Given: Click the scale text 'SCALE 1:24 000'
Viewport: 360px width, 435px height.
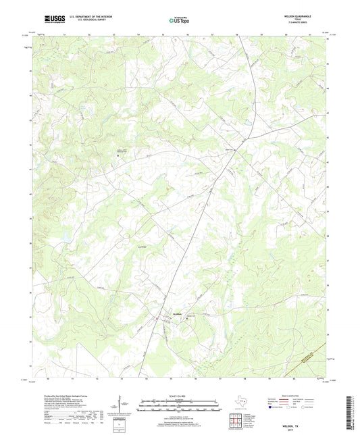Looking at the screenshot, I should (180, 396).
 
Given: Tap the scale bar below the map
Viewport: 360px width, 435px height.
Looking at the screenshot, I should (180, 408).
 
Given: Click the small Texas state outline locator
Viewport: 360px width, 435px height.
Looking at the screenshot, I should (241, 404).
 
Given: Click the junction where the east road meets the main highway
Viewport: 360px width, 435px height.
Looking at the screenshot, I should (247, 138).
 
